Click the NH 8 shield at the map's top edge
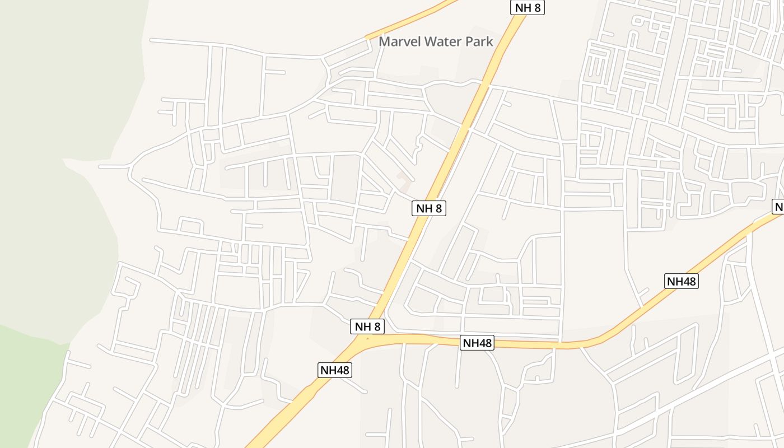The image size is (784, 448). pos(528,7)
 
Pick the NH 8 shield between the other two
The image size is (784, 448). pos(430,208)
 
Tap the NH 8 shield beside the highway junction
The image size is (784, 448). pos(368,326)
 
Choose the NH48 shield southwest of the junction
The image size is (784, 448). pos(335,370)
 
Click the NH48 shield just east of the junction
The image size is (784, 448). pos(477,343)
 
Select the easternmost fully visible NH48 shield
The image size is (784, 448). pos(682,281)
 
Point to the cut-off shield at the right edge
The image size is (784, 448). pos(778,206)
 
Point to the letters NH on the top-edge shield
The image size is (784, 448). pos(521,7)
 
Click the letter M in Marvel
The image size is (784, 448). pos(384,41)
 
